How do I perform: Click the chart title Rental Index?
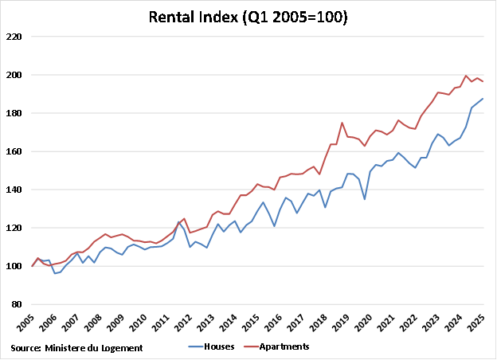(x=248, y=17)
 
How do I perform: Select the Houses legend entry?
(x=210, y=346)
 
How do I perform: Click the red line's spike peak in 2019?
(x=342, y=123)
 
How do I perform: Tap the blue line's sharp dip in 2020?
(x=365, y=198)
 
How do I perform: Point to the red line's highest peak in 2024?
(x=466, y=76)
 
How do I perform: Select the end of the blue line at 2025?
(x=483, y=99)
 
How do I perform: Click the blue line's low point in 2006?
(x=55, y=273)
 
